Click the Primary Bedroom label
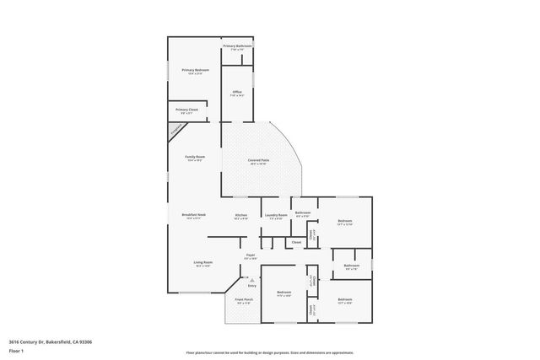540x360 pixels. (196, 69)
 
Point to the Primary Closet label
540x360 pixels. (187, 110)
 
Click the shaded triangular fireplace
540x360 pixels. (175, 130)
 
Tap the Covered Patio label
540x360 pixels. (258, 160)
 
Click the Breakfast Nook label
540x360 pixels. (194, 215)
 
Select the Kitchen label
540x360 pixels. (240, 215)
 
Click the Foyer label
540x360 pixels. (251, 255)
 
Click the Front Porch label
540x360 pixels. (243, 302)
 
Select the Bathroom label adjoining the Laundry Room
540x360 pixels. (303, 212)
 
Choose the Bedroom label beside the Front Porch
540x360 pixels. (283, 293)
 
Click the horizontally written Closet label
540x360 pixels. (296, 243)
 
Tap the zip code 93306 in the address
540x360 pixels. (83, 341)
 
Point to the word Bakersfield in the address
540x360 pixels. (56, 341)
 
